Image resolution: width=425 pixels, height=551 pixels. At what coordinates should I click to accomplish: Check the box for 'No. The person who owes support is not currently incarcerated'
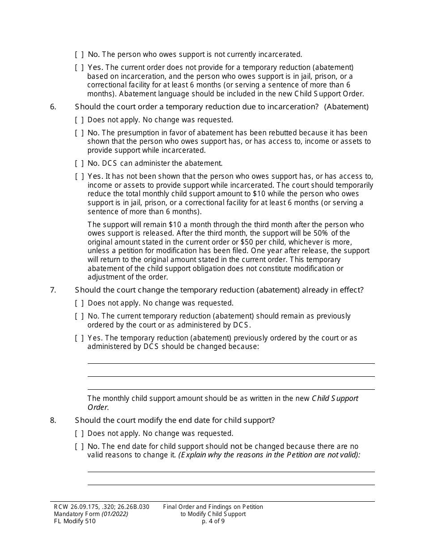tap(79, 55)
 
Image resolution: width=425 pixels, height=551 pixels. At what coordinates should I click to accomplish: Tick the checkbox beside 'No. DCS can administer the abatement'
tap(79, 164)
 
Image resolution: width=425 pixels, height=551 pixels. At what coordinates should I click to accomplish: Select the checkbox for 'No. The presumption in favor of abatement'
tap(79, 133)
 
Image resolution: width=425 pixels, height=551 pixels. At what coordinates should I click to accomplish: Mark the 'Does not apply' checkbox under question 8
tap(79, 434)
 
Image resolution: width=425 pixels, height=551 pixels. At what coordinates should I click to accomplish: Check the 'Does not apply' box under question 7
tap(79, 303)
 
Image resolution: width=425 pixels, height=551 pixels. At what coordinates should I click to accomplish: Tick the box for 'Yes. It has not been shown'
tap(79, 176)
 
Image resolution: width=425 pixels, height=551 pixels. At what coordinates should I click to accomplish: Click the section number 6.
tap(53, 107)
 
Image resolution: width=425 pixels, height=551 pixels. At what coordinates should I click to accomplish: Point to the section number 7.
tap(53, 290)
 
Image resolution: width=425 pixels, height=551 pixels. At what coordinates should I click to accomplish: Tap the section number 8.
tap(53, 420)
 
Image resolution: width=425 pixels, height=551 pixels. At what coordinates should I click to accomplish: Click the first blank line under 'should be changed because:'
tap(231, 363)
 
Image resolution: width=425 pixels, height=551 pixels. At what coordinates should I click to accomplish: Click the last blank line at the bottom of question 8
tap(231, 484)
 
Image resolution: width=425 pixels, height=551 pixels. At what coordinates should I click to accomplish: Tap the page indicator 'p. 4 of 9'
tap(213, 521)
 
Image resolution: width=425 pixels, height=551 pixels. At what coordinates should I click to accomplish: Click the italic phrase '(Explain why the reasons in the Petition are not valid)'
tap(269, 455)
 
